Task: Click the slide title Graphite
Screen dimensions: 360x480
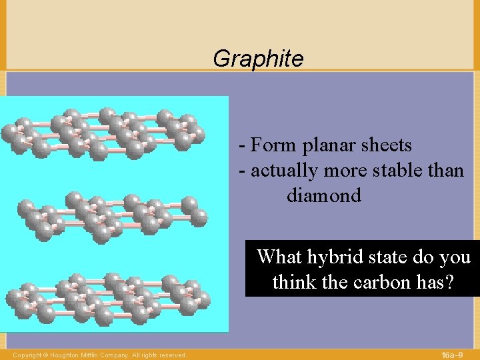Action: tap(258, 59)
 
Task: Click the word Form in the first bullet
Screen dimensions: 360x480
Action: tap(274, 145)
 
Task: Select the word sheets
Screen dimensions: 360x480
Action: tap(386, 145)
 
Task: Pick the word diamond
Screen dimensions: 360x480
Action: tap(324, 196)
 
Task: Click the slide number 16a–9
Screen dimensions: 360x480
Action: tap(457, 355)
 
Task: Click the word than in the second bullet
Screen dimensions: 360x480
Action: tap(446, 171)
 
